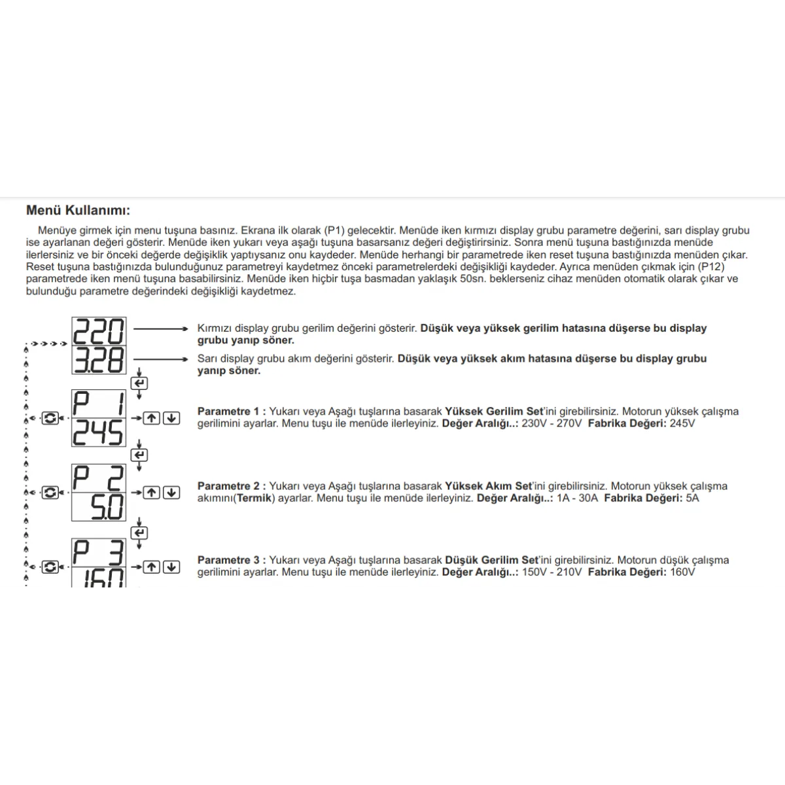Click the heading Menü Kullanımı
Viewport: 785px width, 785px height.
pos(78,211)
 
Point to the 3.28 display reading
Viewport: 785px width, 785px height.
pos(98,360)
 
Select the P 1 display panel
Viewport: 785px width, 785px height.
pos(98,404)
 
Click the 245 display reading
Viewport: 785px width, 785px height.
pos(98,432)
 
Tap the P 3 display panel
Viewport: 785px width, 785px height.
pos(98,553)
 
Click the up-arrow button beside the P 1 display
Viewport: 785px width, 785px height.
pos(152,417)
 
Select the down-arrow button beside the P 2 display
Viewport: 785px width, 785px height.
pos(171,492)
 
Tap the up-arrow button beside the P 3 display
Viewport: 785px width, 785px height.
pos(152,567)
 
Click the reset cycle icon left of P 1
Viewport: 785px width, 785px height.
pos(50,417)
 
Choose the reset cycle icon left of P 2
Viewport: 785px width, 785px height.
pos(50,492)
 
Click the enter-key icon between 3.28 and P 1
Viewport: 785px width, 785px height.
pos(139,383)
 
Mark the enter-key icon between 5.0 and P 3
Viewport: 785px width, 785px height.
pos(139,533)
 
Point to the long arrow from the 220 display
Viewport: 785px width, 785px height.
pos(160,329)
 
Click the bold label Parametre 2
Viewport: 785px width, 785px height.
pos(232,486)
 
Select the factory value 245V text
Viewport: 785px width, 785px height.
pos(682,423)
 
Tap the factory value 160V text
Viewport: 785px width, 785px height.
pos(682,572)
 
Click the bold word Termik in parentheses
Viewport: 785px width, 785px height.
pos(253,498)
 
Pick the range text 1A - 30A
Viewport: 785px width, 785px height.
pos(577,498)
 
